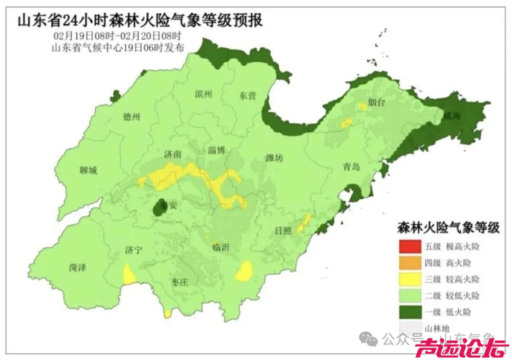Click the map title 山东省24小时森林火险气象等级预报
tap(140, 21)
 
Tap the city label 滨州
tap(203, 94)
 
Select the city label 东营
tap(247, 96)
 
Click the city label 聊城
tap(88, 170)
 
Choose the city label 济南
tap(172, 154)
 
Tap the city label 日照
tap(283, 231)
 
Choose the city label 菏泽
tap(77, 268)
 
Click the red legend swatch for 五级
tap(409, 247)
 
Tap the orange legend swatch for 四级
tap(409, 263)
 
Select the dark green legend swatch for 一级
tap(409, 312)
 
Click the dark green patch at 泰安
tap(160, 208)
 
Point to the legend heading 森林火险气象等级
tap(448, 228)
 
